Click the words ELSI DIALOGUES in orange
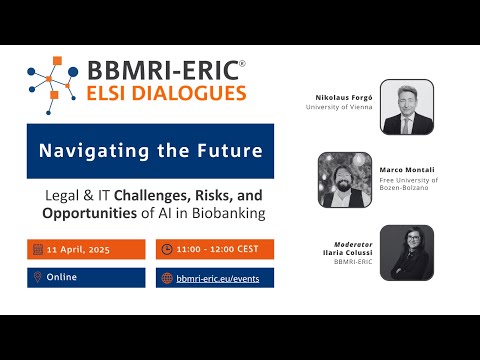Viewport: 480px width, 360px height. (167, 94)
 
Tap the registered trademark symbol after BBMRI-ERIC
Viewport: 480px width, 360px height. (242, 64)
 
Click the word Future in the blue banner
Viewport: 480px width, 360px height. (232, 152)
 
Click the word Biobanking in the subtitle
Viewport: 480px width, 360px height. (221, 214)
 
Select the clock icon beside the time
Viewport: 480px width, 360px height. (166, 249)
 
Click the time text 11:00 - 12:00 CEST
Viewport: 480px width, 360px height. (216, 249)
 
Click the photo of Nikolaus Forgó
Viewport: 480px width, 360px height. (407, 107)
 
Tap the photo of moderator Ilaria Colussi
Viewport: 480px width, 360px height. (407, 252)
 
